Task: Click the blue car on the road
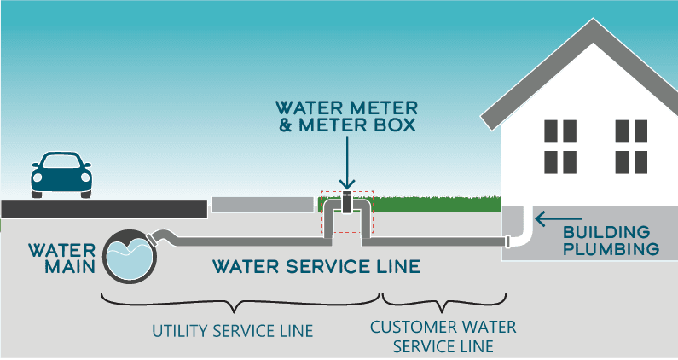tap(61, 173)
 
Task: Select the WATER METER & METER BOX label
tap(346, 119)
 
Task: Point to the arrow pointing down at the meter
tap(346, 166)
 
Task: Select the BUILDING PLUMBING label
tap(611, 241)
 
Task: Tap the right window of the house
tap(632, 146)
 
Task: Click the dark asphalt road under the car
tap(102, 208)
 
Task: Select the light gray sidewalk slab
tap(262, 205)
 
